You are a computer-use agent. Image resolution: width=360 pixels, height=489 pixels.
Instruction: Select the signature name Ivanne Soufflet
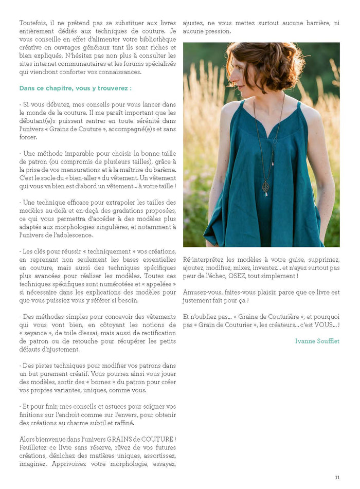coord(317,341)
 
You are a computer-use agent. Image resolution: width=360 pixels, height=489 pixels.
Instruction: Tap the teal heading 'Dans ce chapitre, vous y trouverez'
coord(75,88)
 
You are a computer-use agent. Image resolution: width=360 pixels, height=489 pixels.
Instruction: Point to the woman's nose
coord(229,76)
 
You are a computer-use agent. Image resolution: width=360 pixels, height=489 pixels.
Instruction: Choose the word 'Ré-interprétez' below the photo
coord(204,260)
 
